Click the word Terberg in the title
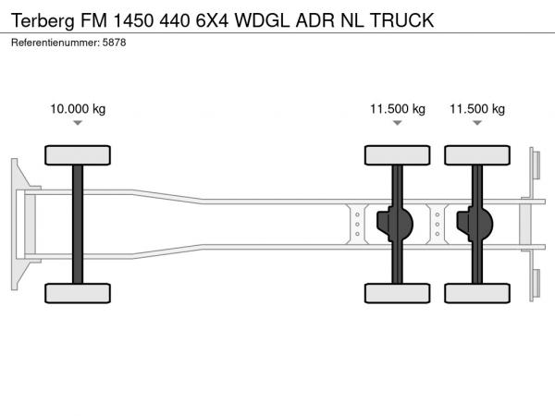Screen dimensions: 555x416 tap(43, 20)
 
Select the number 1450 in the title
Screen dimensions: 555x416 tap(133, 20)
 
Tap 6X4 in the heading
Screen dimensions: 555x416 tap(213, 20)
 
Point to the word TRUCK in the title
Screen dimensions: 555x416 tap(401, 20)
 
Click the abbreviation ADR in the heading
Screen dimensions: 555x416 tap(314, 20)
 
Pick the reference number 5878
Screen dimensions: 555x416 tap(114, 43)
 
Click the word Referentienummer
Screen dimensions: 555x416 tap(55, 43)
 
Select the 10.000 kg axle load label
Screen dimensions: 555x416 tap(78, 108)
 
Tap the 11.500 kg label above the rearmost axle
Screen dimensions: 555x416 tap(477, 108)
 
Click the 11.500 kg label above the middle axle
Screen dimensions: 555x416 tap(398, 108)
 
